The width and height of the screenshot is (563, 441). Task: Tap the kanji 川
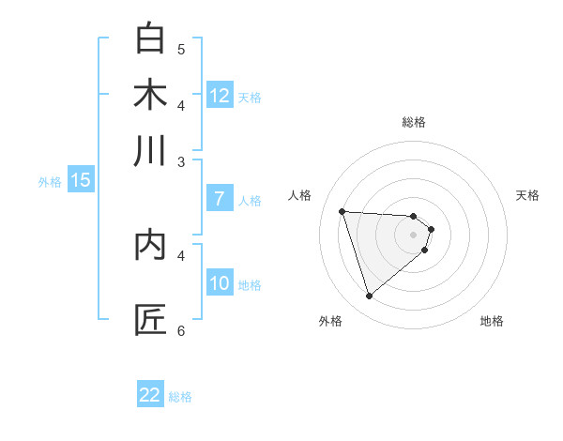[150, 151]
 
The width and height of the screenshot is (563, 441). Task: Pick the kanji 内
[150, 245]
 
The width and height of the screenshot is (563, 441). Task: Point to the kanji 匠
[150, 320]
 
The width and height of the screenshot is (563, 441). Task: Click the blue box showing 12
[220, 96]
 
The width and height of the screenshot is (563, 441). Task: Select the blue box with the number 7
[220, 199]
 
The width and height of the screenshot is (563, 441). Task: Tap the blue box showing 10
[220, 283]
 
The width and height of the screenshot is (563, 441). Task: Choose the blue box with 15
[81, 180]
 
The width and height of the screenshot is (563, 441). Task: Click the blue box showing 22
[150, 395]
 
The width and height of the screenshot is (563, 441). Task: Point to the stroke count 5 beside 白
[181, 49]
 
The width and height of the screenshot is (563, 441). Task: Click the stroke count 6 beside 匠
[181, 330]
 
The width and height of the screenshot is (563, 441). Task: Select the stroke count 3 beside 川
[181, 161]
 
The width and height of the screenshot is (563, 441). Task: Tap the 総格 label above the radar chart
[414, 122]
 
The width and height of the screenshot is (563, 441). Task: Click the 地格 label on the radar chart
[492, 321]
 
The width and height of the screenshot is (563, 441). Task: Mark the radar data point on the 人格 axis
[342, 211]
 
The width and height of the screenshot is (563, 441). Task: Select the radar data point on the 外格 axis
[369, 297]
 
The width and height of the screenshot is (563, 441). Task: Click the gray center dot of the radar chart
[414, 234]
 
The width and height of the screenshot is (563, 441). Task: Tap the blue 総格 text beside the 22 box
[180, 397]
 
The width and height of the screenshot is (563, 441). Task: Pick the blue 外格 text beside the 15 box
[50, 182]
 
